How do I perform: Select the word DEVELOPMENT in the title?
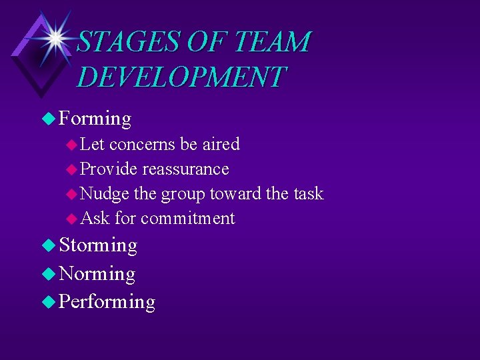(181, 77)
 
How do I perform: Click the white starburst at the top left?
(55, 38)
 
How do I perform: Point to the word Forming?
(95, 119)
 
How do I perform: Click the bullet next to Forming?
(48, 119)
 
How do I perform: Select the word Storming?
(99, 245)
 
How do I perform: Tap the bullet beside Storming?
(48, 246)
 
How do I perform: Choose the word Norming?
(97, 274)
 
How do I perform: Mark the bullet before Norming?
(48, 274)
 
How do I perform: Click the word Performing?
(107, 302)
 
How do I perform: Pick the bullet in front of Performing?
(48, 302)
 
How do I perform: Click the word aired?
(221, 144)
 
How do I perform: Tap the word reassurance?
(185, 169)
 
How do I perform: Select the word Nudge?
(105, 193)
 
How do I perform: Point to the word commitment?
(188, 218)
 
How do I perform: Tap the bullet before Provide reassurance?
(72, 169)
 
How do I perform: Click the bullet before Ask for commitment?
(72, 219)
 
